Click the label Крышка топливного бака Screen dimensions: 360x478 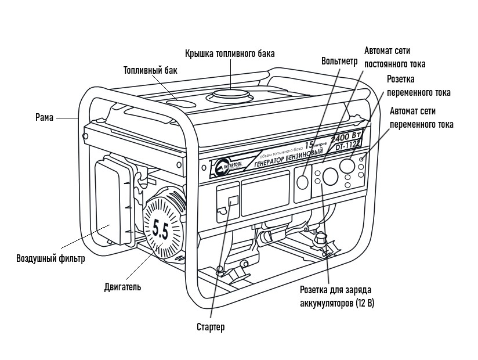point(230,53)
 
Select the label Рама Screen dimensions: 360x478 point(44,117)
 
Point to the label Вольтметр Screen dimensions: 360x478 point(339,61)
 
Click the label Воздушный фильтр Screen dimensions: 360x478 point(50,258)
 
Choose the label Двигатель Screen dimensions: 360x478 point(122,286)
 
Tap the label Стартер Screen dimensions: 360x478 point(210,327)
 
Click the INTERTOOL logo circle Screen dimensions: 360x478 point(221,168)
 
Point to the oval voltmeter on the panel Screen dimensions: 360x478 point(303,182)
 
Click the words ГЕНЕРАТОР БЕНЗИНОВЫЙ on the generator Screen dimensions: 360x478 point(289,156)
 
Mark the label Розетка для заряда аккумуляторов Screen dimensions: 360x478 point(335,296)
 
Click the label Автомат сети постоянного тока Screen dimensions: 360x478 point(394,57)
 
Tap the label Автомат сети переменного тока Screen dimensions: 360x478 point(421,117)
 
